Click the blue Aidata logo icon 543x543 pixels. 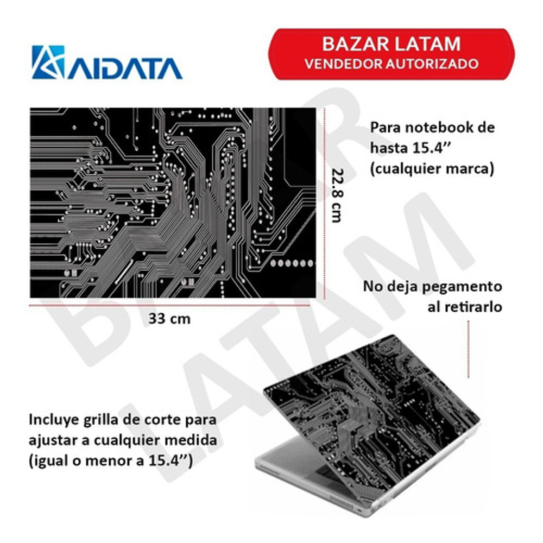(x=48, y=62)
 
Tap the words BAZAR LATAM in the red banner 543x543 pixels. (x=392, y=44)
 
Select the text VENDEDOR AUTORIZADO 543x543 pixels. (x=392, y=64)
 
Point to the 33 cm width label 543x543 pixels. (x=169, y=319)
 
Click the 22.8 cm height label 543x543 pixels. (x=337, y=195)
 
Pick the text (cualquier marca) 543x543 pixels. (x=432, y=169)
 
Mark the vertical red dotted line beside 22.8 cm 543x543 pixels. (x=325, y=203)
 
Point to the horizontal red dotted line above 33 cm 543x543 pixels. (x=169, y=305)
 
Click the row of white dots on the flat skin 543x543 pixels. (x=292, y=263)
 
